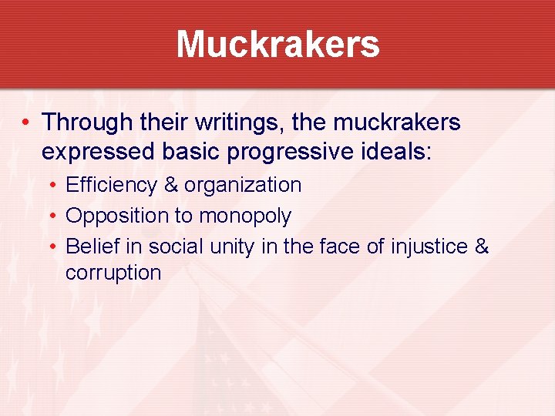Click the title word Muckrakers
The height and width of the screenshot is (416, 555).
pos(277,44)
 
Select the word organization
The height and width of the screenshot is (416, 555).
pos(242,186)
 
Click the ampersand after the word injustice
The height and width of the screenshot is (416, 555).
pos(482,247)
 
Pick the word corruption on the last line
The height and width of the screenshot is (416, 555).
pos(113,273)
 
